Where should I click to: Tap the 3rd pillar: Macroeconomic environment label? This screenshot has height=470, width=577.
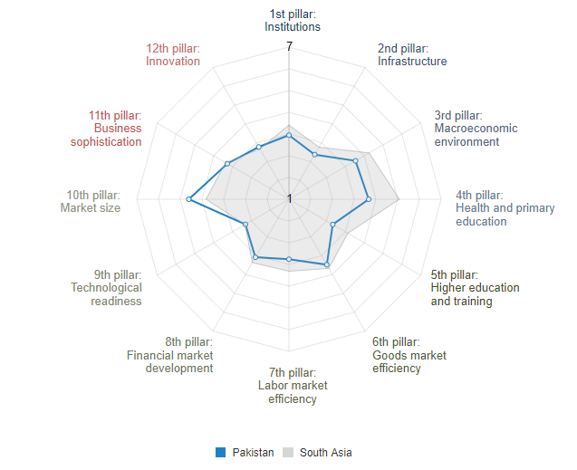(476, 129)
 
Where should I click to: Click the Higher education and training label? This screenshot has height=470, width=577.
(475, 288)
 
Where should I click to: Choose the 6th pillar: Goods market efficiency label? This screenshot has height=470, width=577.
(409, 355)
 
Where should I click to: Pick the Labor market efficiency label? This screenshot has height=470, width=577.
(292, 386)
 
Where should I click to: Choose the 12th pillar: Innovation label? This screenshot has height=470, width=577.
(172, 54)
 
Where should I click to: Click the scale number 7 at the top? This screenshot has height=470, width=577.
(289, 46)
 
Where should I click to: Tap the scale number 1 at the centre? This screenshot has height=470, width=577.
(289, 198)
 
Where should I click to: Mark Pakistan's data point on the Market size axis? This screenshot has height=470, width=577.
(189, 198)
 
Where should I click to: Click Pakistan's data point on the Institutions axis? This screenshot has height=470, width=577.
(289, 135)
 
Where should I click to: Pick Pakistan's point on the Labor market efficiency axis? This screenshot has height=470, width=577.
(289, 259)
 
